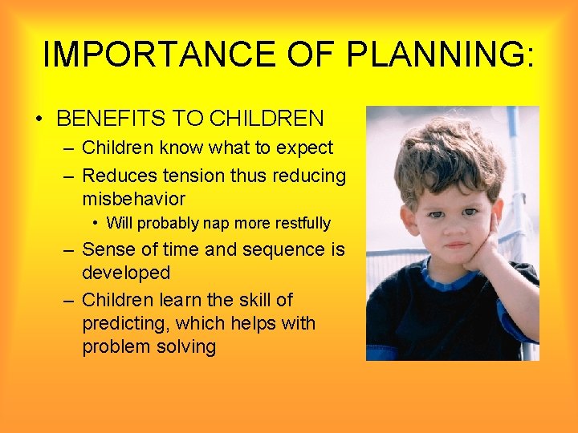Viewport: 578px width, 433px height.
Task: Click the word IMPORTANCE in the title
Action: click(153, 55)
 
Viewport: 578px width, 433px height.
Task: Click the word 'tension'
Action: click(194, 175)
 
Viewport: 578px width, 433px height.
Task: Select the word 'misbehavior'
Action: click(133, 198)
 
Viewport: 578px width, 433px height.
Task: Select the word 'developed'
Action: click(126, 273)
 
